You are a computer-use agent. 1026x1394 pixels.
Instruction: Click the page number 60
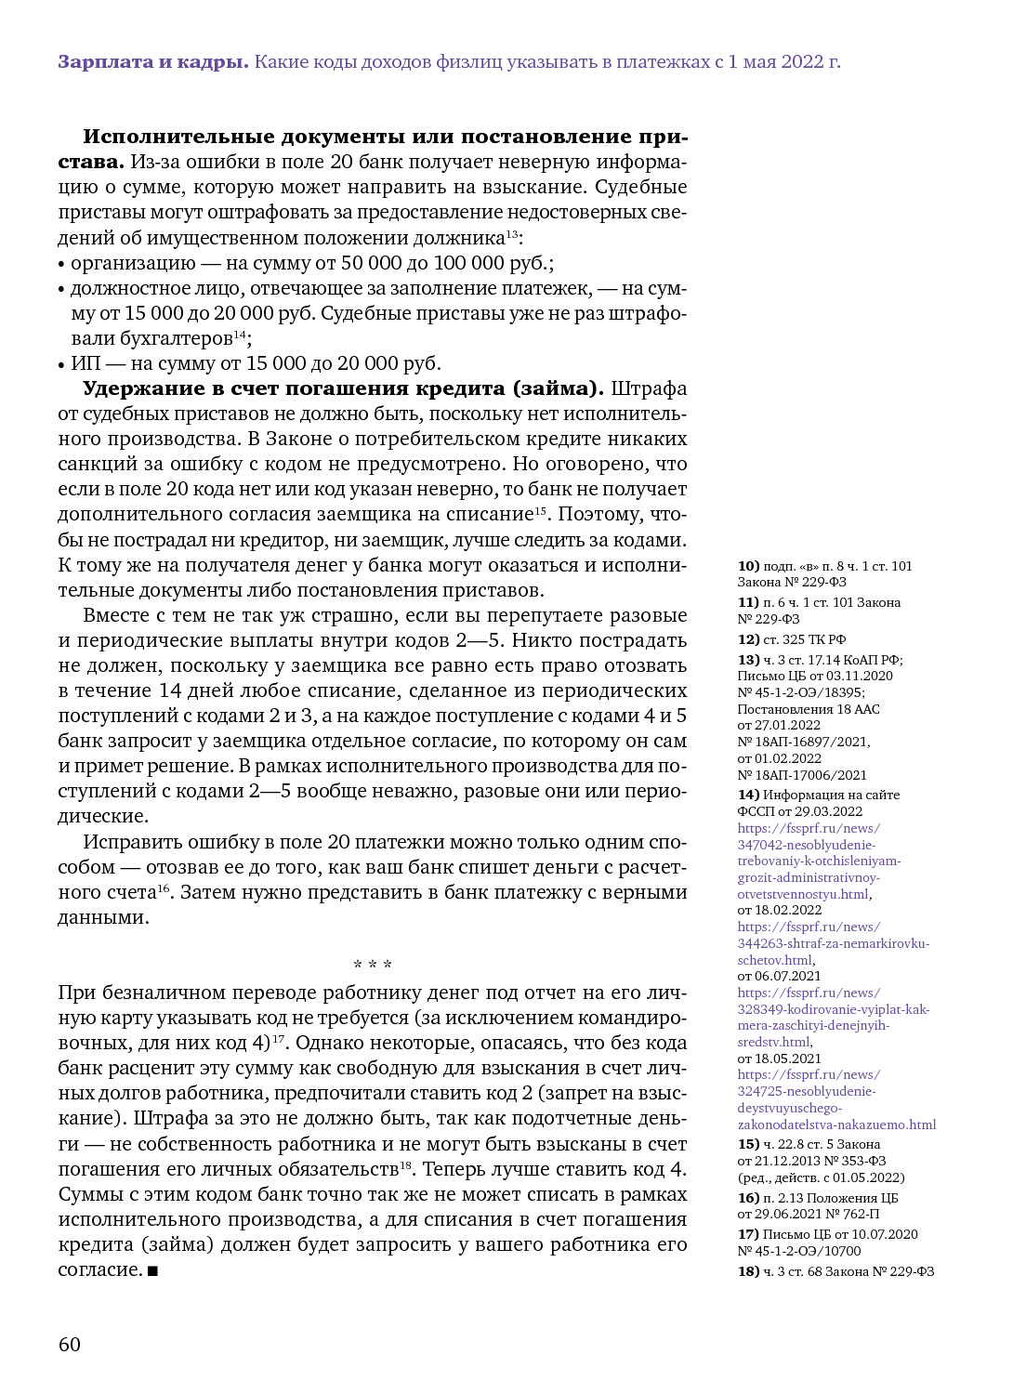tap(70, 1344)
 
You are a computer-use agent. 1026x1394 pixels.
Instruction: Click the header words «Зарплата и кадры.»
tap(153, 62)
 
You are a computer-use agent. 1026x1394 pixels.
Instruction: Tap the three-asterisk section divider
tap(373, 965)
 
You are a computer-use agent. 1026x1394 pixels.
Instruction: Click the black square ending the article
tap(152, 1270)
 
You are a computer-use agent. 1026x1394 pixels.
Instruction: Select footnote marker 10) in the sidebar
tap(748, 566)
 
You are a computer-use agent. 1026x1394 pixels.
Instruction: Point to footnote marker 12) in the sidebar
tap(748, 639)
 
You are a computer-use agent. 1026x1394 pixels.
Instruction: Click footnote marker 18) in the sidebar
tap(748, 1271)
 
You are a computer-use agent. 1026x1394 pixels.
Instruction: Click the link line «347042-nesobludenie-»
tap(807, 845)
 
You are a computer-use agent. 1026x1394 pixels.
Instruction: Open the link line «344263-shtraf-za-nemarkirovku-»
tap(833, 943)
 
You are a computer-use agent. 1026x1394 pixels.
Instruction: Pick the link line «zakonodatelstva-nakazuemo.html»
tap(836, 1124)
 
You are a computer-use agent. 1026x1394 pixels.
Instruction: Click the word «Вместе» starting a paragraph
tap(116, 615)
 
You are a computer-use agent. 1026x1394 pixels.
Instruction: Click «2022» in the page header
tap(801, 62)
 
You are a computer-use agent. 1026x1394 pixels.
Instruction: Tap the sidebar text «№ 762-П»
tap(849, 1214)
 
